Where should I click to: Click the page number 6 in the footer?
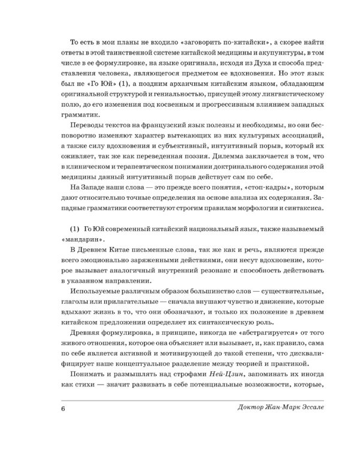pos(62,410)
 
